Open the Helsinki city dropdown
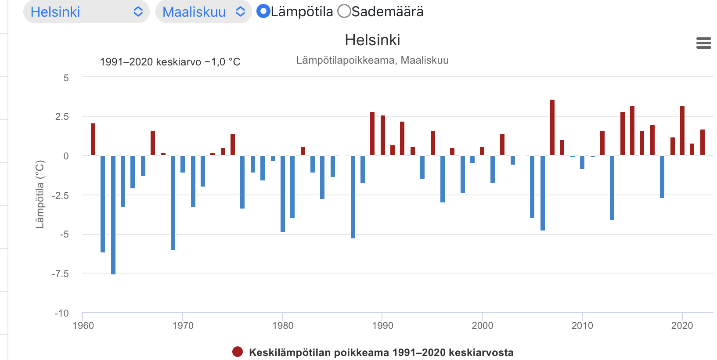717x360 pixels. point(86,12)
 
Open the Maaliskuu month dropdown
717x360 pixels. point(203,12)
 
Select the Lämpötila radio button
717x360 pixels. point(263,11)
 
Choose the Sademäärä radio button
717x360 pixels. point(344,11)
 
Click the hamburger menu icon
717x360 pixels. point(703,43)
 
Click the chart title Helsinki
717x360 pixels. point(372,40)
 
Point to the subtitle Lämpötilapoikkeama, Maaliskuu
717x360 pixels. point(372,60)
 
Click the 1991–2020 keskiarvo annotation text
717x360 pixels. point(170,62)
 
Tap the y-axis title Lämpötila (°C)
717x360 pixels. point(40,194)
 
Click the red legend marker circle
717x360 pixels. point(238,352)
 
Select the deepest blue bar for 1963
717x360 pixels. point(113,215)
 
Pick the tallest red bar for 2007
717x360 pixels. point(552,127)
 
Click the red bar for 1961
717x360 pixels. point(93,139)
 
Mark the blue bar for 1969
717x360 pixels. point(173,202)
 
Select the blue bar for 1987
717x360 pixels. point(353,197)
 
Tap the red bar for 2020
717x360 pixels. point(682,130)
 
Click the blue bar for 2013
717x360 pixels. point(612,187)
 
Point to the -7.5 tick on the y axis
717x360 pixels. point(61,274)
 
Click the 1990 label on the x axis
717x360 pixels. point(382,326)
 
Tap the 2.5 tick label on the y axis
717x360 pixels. point(62,117)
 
